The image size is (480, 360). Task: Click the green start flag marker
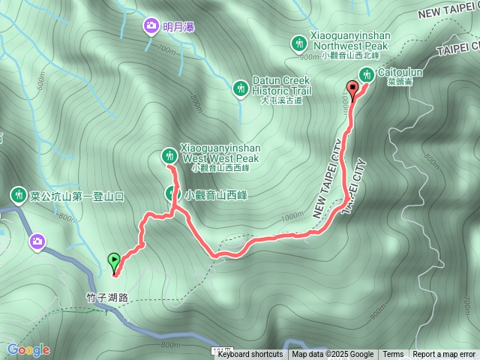(x=113, y=260)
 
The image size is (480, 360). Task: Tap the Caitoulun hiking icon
(x=367, y=74)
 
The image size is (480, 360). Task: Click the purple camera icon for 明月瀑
(x=151, y=27)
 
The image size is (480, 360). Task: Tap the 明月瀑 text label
(x=178, y=28)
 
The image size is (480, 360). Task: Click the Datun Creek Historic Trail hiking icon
(x=240, y=88)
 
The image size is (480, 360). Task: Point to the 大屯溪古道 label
(x=280, y=100)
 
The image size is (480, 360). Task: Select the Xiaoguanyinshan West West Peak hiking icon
(x=169, y=156)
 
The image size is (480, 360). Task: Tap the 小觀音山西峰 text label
(x=220, y=194)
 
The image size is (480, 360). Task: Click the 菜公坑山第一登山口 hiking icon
(x=16, y=196)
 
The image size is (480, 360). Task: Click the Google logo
(x=28, y=349)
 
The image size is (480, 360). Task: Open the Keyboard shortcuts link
(x=250, y=355)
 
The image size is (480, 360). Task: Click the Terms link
(x=393, y=355)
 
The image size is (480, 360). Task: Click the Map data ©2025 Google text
(x=332, y=355)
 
